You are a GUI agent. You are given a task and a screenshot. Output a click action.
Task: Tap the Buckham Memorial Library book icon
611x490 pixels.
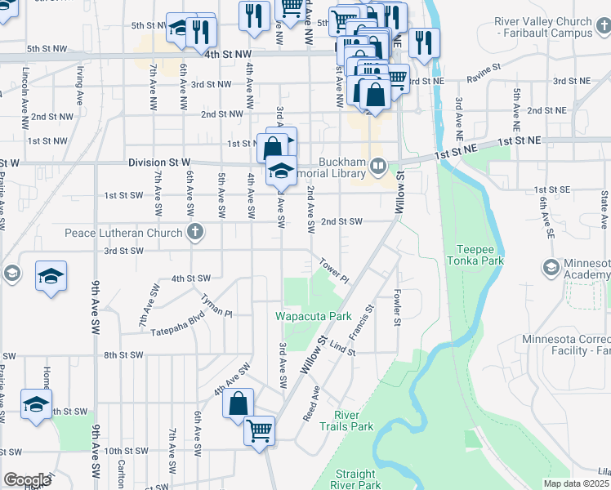377,167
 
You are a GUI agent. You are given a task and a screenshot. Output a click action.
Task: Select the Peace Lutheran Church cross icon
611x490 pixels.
194,234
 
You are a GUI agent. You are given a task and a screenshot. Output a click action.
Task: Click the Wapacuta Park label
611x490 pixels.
313,316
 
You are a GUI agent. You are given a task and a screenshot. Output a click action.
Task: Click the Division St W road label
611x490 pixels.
159,163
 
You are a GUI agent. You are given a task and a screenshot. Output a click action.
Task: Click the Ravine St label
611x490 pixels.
483,78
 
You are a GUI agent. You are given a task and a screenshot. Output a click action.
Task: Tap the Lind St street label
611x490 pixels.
343,348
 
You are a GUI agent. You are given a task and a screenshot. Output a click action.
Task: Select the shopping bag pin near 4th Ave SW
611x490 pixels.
238,403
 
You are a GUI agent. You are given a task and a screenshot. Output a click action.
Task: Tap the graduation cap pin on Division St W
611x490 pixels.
280,171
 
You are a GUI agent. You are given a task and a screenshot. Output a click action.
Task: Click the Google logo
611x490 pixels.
27,480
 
